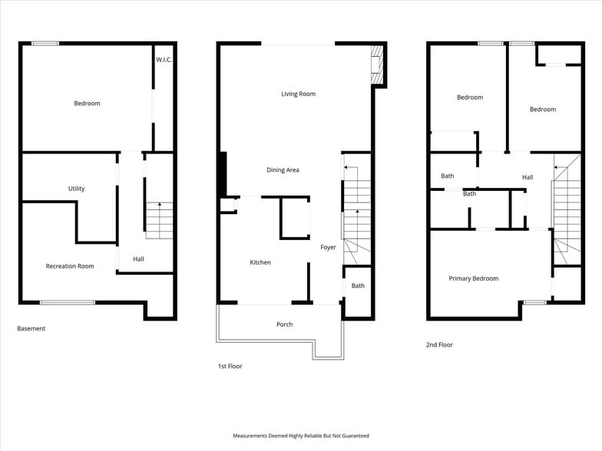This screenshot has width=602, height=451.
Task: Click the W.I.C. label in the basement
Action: pyautogui.click(x=164, y=60)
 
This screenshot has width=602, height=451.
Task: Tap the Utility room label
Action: pyautogui.click(x=77, y=189)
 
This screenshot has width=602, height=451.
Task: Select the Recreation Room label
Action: pyautogui.click(x=70, y=266)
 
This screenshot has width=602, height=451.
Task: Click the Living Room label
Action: pyautogui.click(x=298, y=94)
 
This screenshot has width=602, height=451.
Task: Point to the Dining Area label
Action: pyautogui.click(x=283, y=170)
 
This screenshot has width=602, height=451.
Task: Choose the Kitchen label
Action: pyautogui.click(x=260, y=262)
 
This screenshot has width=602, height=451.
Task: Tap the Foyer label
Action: pyautogui.click(x=329, y=247)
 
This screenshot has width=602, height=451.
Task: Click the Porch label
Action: pyautogui.click(x=284, y=324)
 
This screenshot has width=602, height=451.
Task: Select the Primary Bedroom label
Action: pyautogui.click(x=474, y=278)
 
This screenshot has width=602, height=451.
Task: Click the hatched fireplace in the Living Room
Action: pyautogui.click(x=377, y=64)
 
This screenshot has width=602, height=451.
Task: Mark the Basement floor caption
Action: pyautogui.click(x=31, y=328)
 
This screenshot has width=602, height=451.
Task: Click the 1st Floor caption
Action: pyautogui.click(x=230, y=367)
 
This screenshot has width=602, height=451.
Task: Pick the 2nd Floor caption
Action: pyautogui.click(x=439, y=345)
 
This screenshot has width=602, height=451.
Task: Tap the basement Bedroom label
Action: pyautogui.click(x=88, y=104)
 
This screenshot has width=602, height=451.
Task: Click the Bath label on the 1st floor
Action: pyautogui.click(x=358, y=285)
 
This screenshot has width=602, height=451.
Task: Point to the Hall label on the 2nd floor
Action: pyautogui.click(x=528, y=177)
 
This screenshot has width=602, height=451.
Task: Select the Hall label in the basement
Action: pyautogui.click(x=138, y=259)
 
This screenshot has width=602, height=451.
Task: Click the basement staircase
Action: pyautogui.click(x=160, y=220)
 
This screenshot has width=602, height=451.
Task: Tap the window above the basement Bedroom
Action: pyautogui.click(x=45, y=44)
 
